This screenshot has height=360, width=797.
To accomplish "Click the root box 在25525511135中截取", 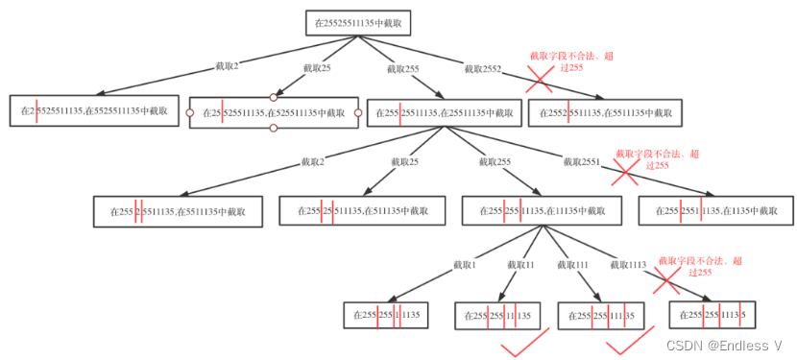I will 359,20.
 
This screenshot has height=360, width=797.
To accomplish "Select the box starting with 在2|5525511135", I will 94,111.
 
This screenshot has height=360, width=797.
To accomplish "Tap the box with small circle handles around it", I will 274,112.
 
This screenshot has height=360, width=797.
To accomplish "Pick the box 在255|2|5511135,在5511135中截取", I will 178,212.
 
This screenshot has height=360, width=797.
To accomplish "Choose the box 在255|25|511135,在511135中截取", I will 360,212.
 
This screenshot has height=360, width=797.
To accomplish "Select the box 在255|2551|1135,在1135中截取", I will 715,212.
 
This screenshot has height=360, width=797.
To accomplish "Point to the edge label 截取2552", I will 481,68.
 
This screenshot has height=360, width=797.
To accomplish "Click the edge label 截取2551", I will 582,162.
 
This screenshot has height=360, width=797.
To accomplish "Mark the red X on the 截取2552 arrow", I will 538,82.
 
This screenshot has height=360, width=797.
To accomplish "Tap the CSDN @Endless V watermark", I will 726,344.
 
